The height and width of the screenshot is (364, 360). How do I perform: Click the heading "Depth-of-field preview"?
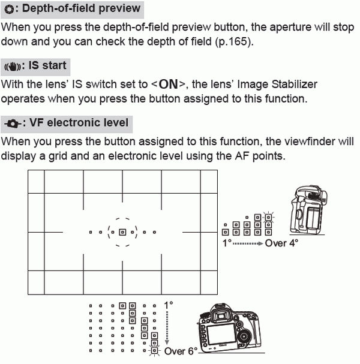point(82,9)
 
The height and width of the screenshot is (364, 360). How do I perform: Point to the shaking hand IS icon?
point(12,66)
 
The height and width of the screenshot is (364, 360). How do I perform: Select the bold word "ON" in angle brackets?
point(168,85)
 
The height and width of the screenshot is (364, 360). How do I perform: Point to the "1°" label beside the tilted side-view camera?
point(227,244)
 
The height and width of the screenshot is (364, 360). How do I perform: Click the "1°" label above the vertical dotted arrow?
point(168,305)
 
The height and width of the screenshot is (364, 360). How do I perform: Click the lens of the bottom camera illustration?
point(244,338)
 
